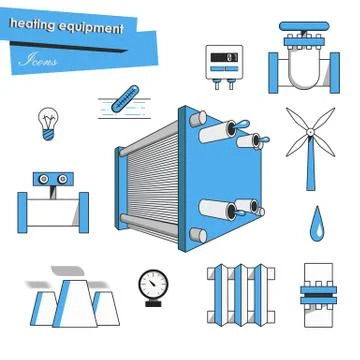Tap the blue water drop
316,220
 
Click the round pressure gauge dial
153,281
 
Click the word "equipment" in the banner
95,29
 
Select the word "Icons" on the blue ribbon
39,60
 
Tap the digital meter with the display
224,63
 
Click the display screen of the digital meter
224,56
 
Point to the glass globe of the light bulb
45,118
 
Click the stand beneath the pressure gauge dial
153,300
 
